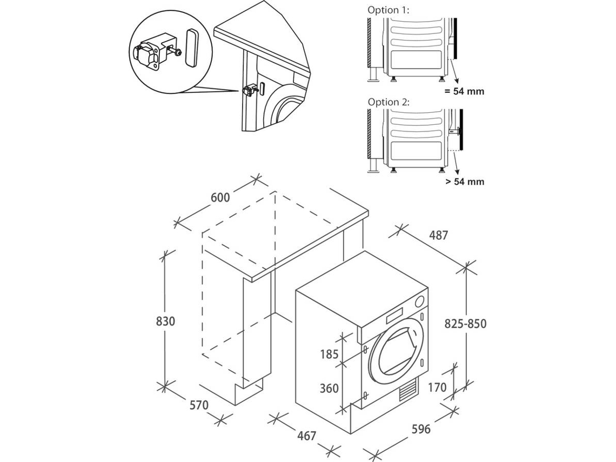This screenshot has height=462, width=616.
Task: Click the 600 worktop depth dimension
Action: coord(220,198)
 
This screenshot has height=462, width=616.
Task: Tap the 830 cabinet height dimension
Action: coord(165,321)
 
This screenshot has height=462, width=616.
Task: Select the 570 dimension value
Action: coord(198,405)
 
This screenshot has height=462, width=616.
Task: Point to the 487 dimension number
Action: coord(438,235)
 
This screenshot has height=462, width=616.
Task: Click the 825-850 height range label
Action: coord(465,324)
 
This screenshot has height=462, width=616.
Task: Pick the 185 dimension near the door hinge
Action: coord(329,355)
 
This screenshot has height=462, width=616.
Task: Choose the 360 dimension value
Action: coord(329,389)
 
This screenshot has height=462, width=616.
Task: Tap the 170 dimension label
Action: coord(437,387)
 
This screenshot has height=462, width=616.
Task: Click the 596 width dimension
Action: coord(421,429)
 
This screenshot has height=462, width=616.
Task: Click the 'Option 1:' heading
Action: coord(389,10)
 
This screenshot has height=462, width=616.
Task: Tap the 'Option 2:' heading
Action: coord(389,102)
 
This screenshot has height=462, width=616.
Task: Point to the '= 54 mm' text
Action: coord(464,91)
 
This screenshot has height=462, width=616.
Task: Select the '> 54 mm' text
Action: coord(465,182)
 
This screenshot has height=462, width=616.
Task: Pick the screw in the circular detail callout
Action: coord(176,53)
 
